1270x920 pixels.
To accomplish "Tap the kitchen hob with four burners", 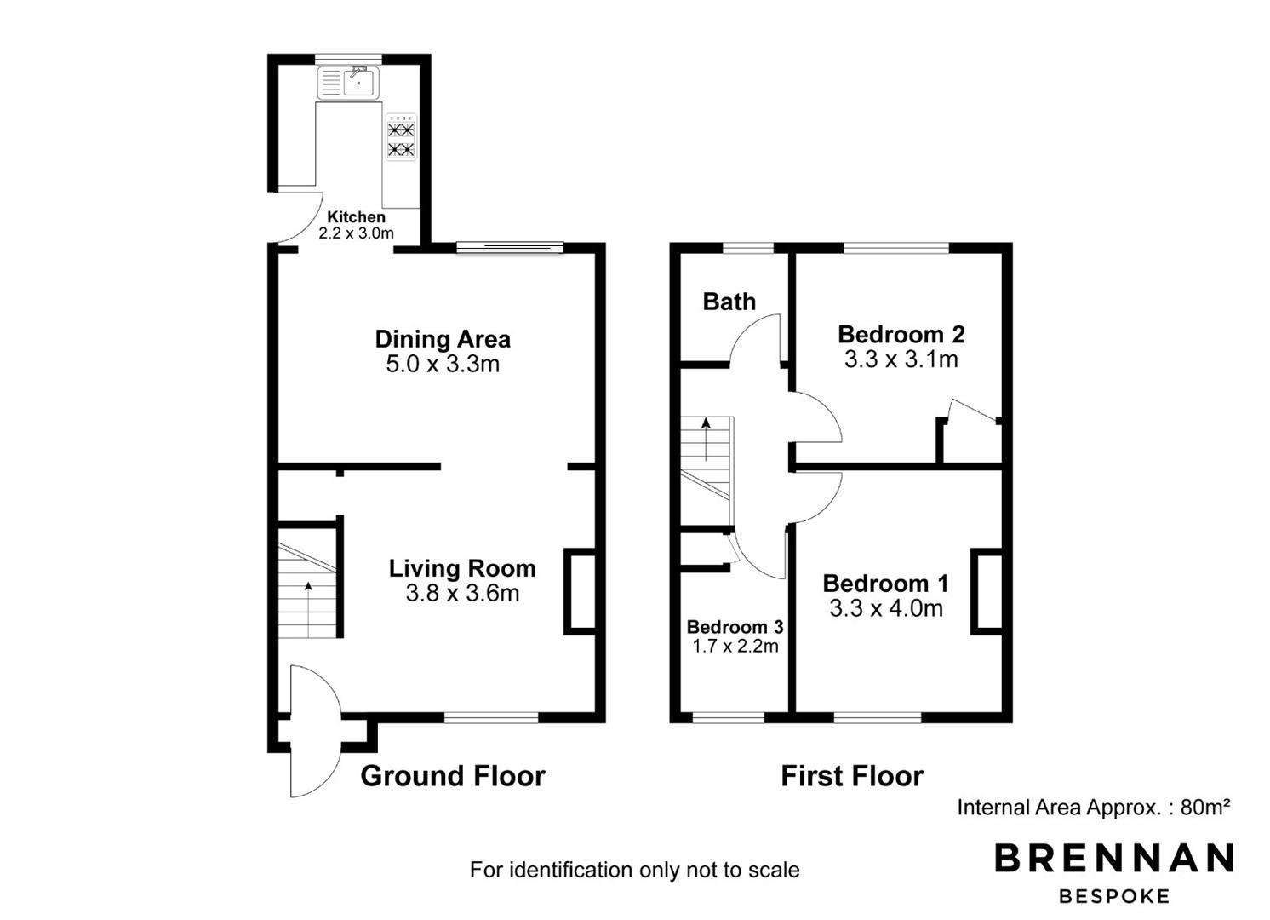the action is coord(401,138).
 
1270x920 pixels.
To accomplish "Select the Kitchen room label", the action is coord(356,217).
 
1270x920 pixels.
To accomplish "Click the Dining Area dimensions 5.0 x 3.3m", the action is coord(443,364).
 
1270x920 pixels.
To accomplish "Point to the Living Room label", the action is coord(462,568).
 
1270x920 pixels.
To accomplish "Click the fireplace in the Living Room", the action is coord(580,591).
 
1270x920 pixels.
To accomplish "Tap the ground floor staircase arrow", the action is coord(308,610).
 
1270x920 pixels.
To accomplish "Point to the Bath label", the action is coord(729,302).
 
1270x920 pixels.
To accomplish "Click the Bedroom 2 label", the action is coord(901,334).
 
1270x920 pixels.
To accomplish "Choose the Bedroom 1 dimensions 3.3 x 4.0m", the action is coord(886,609).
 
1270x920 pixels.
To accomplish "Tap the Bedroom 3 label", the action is coord(735,627).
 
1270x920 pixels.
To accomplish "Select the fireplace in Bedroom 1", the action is coord(987,591).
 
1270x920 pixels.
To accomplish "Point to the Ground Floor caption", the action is coord(453,776).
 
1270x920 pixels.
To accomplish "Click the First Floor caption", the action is coord(852,776).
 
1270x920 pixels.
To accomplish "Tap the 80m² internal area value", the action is coord(1204,807).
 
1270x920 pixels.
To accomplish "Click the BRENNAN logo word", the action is coord(1114,858).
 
